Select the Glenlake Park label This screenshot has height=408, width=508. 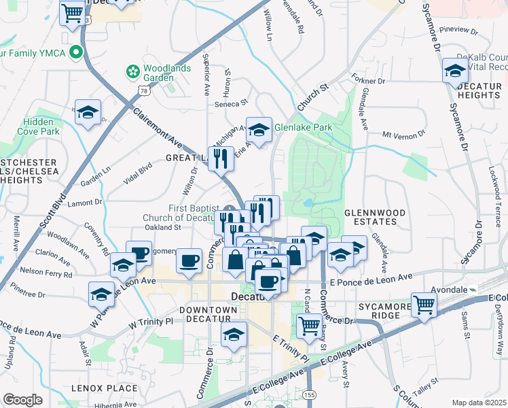click(303, 127)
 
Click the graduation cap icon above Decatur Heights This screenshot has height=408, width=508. click(454, 70)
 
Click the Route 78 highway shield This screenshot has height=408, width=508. click(143, 90)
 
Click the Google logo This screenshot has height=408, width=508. click(22, 399)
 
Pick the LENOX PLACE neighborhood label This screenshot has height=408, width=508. click(105, 388)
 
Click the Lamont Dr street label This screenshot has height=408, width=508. click(85, 202)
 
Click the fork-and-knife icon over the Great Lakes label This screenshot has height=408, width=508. click(221, 158)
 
